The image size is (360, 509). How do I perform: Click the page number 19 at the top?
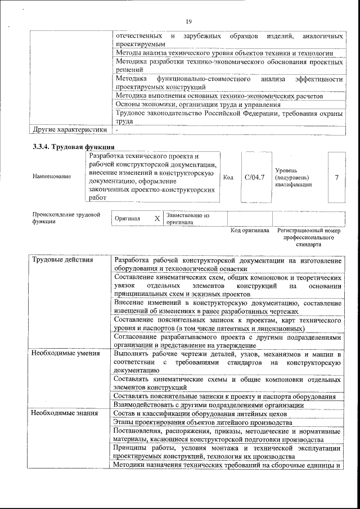(x=188, y=21)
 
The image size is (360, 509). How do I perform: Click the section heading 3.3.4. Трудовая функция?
(x=70, y=147)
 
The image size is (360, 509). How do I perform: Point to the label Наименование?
(x=52, y=177)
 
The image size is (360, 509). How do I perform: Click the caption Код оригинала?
(x=250, y=231)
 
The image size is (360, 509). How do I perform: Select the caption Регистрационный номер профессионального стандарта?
(x=309, y=238)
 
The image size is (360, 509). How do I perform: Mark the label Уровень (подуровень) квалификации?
(x=292, y=177)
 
